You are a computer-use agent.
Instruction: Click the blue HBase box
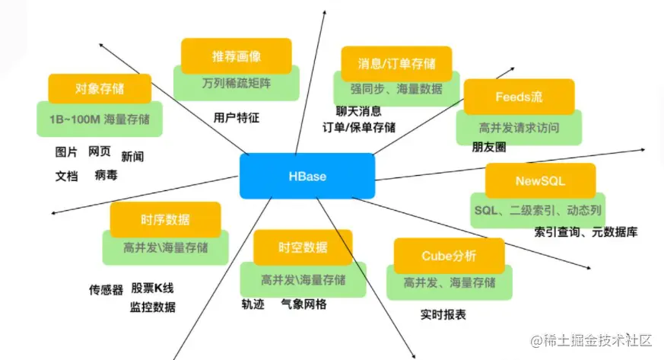coord(307,176)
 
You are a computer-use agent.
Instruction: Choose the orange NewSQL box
coord(540,181)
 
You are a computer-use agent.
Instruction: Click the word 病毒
coord(106,175)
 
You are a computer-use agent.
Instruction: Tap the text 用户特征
coord(237,118)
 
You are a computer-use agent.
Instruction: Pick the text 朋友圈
coord(488,147)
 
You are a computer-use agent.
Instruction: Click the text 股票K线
coord(152,288)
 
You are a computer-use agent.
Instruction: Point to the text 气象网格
coord(303,304)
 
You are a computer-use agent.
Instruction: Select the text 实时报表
coord(443,314)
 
